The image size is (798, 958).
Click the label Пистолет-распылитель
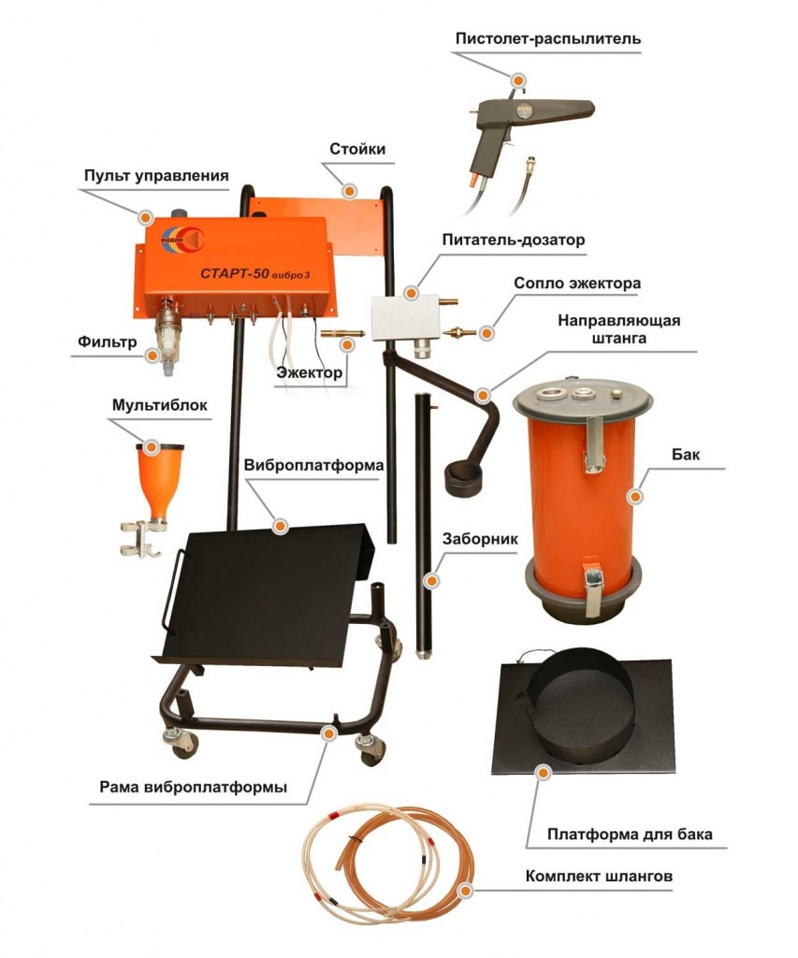click(x=548, y=39)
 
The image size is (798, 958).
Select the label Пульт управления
click(x=156, y=176)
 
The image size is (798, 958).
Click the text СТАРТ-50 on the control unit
click(x=235, y=273)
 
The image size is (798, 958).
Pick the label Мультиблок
click(x=159, y=406)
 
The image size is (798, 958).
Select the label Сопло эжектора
click(x=577, y=283)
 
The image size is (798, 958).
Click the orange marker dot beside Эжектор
click(x=347, y=345)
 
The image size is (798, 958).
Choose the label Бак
click(x=686, y=455)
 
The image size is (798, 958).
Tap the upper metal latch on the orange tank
click(x=595, y=444)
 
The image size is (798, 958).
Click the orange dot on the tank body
click(x=635, y=497)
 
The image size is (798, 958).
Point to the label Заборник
click(x=480, y=539)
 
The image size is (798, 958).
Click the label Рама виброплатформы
click(x=193, y=787)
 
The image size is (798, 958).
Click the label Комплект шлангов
click(x=599, y=876)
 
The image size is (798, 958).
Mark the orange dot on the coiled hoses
click(x=466, y=891)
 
